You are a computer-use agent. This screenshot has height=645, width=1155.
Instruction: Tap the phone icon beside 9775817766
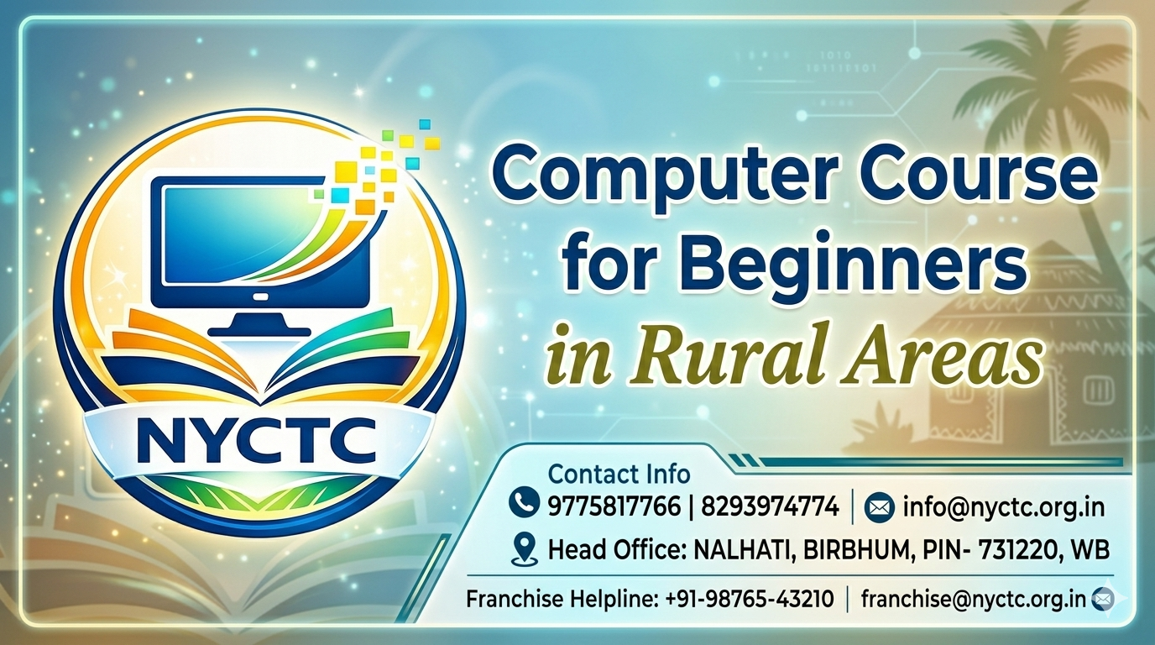click(x=524, y=503)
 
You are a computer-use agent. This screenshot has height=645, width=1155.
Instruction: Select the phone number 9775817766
click(x=614, y=506)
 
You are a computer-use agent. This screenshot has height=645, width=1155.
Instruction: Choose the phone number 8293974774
click(x=771, y=506)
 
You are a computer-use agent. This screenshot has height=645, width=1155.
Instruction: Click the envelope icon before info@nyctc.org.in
click(x=878, y=508)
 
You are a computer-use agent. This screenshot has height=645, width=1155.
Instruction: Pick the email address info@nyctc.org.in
click(x=1003, y=506)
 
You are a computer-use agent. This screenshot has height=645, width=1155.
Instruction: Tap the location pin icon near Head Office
click(x=525, y=548)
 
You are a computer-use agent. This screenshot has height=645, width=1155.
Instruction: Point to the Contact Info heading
click(x=619, y=474)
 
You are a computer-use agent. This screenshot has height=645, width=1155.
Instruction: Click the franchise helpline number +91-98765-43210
click(x=750, y=599)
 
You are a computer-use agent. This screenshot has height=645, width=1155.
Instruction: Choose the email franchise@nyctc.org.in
click(x=974, y=599)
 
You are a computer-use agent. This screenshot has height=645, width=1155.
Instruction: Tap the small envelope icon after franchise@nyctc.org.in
click(x=1103, y=599)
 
